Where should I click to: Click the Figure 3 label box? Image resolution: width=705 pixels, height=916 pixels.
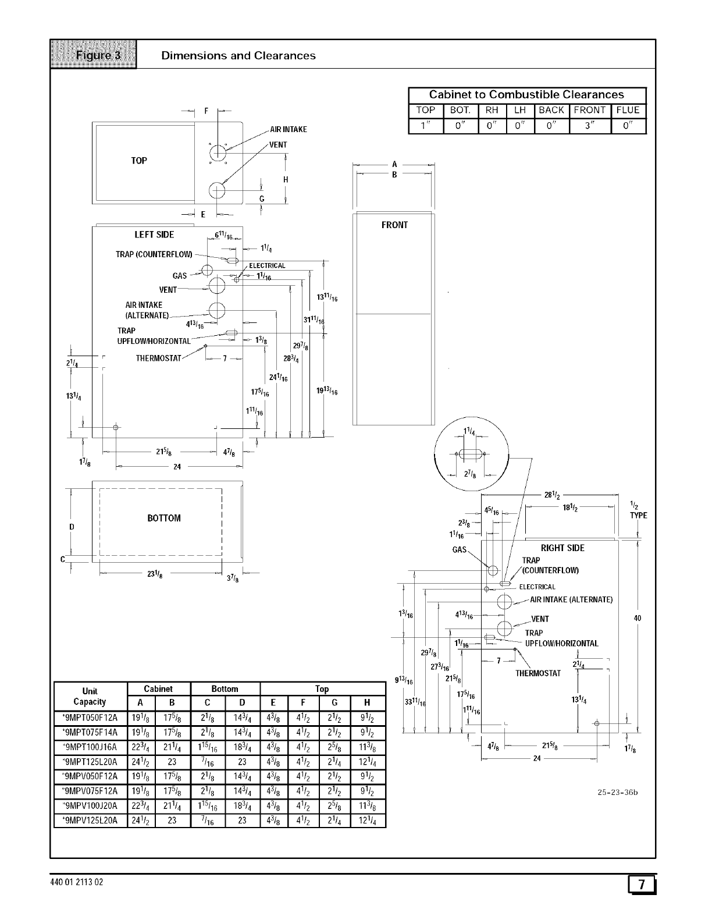click(x=93, y=55)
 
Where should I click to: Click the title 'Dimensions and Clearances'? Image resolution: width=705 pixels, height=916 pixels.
click(x=238, y=56)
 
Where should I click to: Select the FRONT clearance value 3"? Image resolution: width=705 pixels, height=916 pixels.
click(x=590, y=126)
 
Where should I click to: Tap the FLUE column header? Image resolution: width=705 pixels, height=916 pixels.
click(x=628, y=110)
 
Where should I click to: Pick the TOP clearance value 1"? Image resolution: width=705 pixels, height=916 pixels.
click(x=426, y=126)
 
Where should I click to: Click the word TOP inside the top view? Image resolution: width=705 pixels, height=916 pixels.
click(x=139, y=161)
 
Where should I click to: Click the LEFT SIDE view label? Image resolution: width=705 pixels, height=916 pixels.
click(x=154, y=235)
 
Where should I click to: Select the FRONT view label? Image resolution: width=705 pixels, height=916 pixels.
click(x=394, y=225)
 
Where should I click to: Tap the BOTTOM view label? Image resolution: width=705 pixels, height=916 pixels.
click(x=164, y=518)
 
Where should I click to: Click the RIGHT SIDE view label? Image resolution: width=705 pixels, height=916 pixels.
click(x=562, y=548)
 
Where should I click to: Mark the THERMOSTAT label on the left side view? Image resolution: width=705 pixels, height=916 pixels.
click(x=159, y=358)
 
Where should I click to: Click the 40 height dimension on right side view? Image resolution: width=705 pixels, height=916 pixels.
click(x=638, y=618)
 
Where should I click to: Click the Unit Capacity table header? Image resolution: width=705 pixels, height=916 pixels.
click(x=90, y=696)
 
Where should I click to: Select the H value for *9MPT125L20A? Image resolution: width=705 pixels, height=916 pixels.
click(x=366, y=762)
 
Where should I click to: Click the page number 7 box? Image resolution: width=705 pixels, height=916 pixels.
click(x=642, y=885)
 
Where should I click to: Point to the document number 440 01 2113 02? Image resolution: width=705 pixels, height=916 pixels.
click(x=77, y=882)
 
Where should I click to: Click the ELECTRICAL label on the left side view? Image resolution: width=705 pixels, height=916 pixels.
click(x=267, y=266)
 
